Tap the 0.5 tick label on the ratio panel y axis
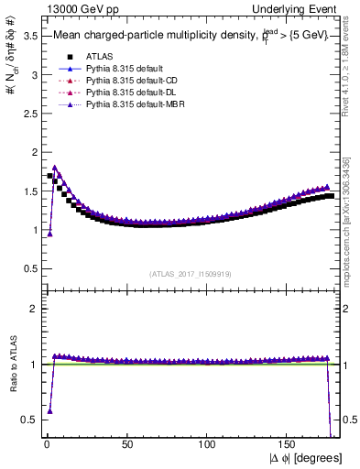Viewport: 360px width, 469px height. tap(27, 420)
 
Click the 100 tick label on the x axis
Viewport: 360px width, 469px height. tap(207, 443)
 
